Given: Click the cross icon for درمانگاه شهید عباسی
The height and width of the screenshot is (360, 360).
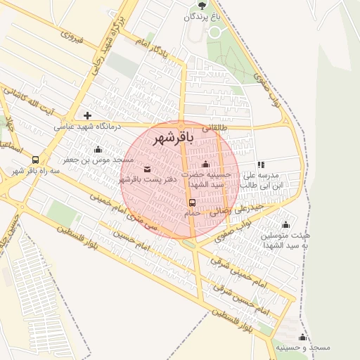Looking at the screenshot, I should [x=88, y=115].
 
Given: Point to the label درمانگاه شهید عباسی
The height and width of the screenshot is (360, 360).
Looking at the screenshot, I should [x=88, y=127].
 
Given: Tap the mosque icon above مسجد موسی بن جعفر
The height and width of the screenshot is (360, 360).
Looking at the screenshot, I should [x=97, y=149].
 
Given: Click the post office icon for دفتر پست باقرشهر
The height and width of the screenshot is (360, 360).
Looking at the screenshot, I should [x=147, y=169].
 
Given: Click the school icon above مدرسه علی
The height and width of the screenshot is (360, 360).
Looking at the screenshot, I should [x=262, y=165].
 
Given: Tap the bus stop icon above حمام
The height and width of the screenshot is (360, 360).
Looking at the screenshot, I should [x=192, y=202].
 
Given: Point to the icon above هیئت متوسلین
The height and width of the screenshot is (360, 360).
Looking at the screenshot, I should [x=285, y=226].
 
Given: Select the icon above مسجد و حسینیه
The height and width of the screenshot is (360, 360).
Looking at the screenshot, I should [x=302, y=337].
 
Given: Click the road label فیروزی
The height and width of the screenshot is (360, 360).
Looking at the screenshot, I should [x=72, y=37].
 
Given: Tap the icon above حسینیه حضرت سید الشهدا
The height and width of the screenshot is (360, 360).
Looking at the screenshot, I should [x=205, y=165].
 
